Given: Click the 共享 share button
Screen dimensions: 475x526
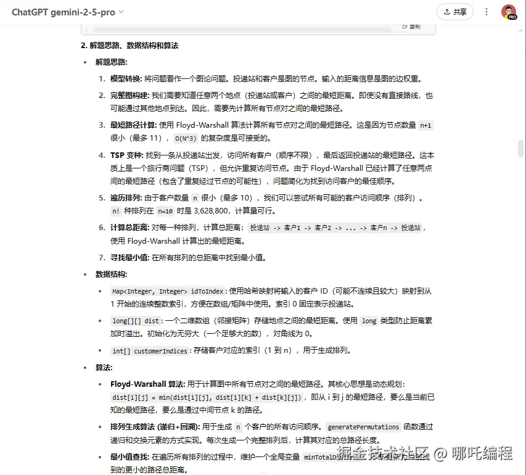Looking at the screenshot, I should click(x=455, y=12).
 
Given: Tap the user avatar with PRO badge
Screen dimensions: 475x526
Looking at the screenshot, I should click(x=508, y=12).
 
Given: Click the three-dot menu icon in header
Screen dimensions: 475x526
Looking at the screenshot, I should click(x=487, y=12).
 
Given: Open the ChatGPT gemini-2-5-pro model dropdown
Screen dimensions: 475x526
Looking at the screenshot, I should click(x=67, y=12).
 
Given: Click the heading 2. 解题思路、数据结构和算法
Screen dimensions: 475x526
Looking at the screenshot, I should click(x=129, y=46).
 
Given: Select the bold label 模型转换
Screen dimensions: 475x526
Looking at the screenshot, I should click(x=126, y=79).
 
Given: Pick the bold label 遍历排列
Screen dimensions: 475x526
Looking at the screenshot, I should click(x=126, y=198).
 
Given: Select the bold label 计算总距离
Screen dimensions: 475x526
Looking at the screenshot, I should click(x=129, y=228).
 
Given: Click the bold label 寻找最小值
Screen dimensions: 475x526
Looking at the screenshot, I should click(x=129, y=258).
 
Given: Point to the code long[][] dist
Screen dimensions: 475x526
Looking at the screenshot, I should click(x=135, y=321).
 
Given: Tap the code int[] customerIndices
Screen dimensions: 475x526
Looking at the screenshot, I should click(x=149, y=351).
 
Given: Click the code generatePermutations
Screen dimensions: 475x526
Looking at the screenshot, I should click(x=363, y=427).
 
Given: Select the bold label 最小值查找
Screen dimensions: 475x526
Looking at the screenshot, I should click(x=129, y=457).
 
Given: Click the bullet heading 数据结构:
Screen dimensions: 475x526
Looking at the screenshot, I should click(x=112, y=275).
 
